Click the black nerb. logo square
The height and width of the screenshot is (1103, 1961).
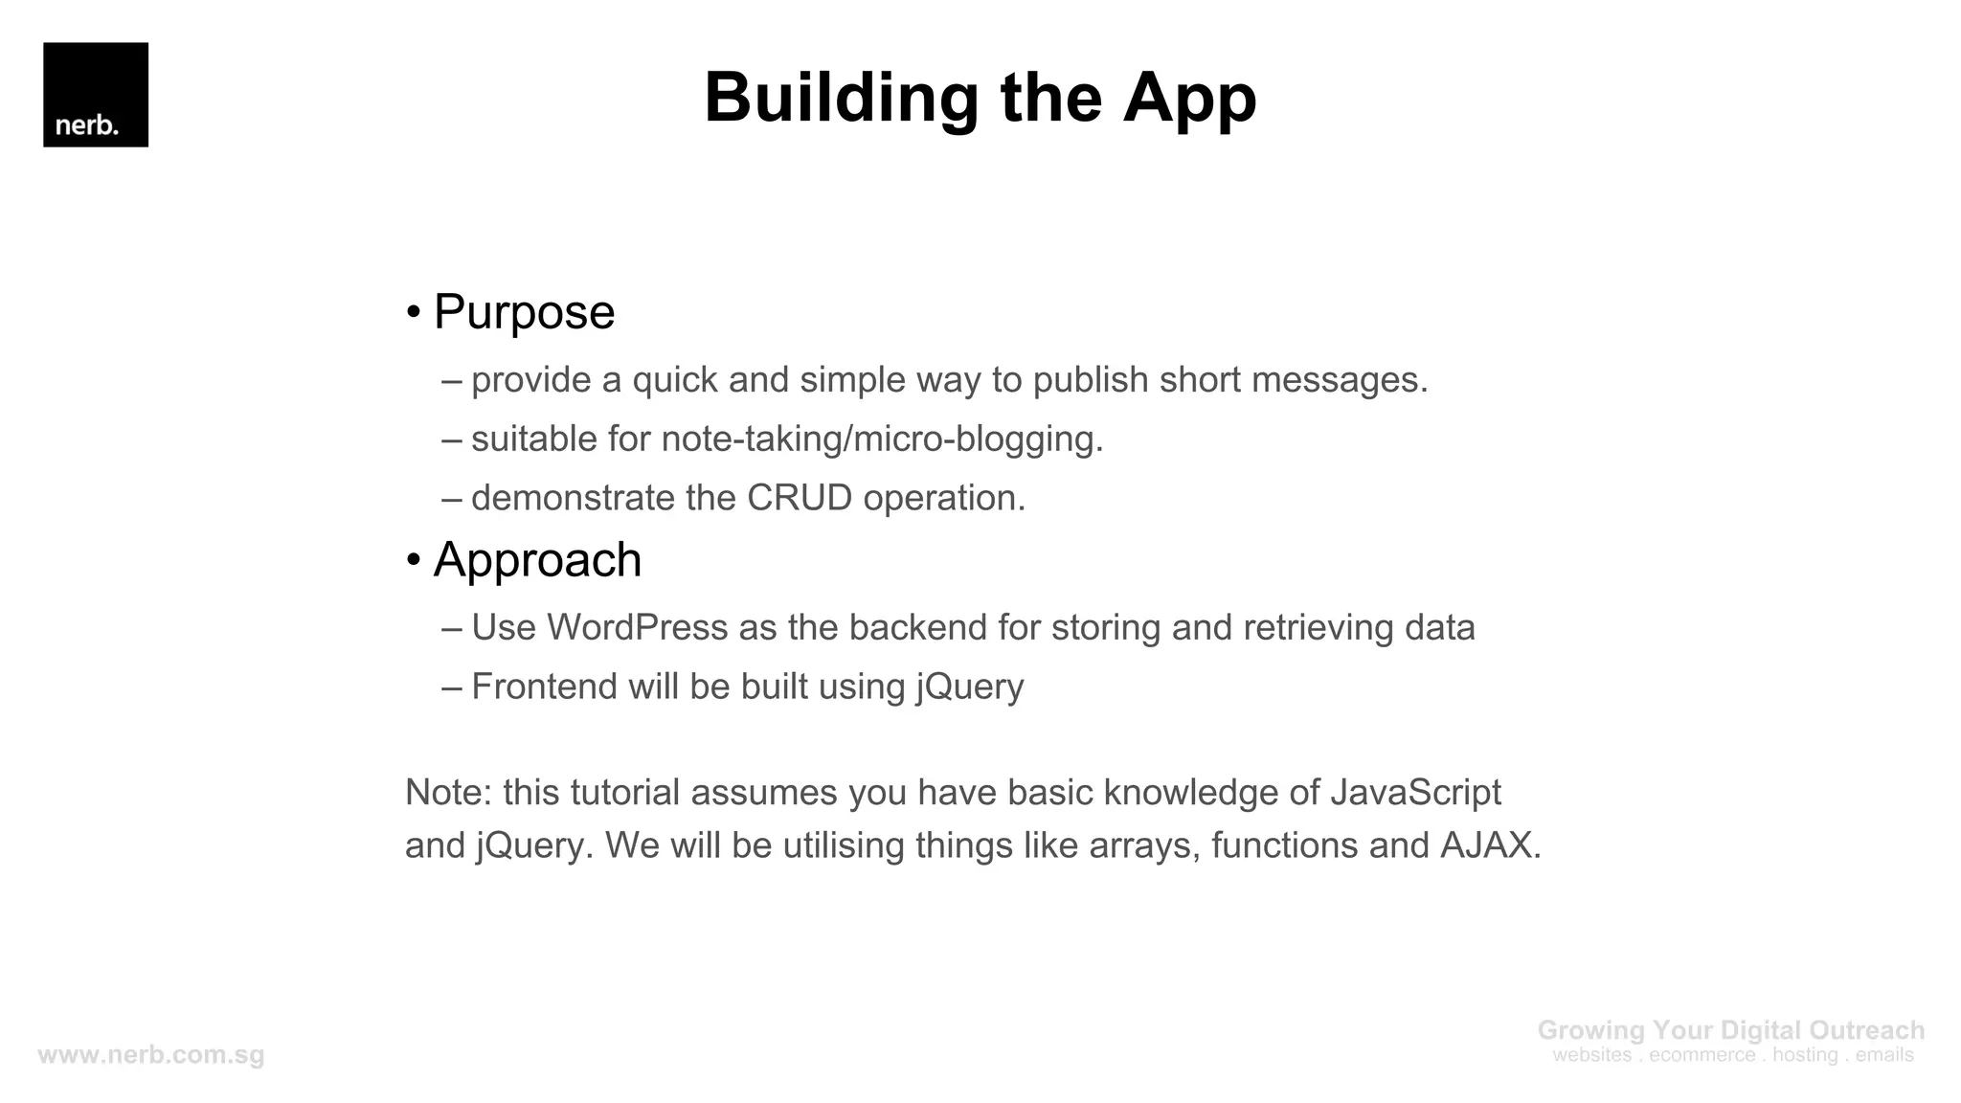tap(96, 95)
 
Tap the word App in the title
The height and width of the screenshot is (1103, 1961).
tap(1189, 99)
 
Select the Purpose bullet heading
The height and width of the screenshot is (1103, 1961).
tap(524, 312)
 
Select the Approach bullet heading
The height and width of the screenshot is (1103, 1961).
tap(537, 560)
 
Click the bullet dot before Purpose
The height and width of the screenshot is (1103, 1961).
tap(414, 313)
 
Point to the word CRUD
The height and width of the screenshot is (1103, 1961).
tap(800, 498)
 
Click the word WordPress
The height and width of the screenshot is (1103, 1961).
tap(638, 628)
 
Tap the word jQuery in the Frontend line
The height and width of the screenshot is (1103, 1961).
tap(970, 687)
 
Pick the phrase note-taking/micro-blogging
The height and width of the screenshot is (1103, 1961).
tap(882, 439)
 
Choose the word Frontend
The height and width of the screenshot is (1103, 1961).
tap(544, 687)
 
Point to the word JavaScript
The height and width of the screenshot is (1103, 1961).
tap(1415, 793)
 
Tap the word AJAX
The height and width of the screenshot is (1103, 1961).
tap(1490, 846)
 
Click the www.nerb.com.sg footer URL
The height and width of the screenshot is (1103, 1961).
tap(151, 1055)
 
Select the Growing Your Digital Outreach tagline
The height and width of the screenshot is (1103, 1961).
tap(1730, 1030)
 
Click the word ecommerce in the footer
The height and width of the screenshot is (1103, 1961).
tap(1702, 1055)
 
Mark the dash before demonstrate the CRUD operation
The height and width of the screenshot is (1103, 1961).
tap(452, 499)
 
